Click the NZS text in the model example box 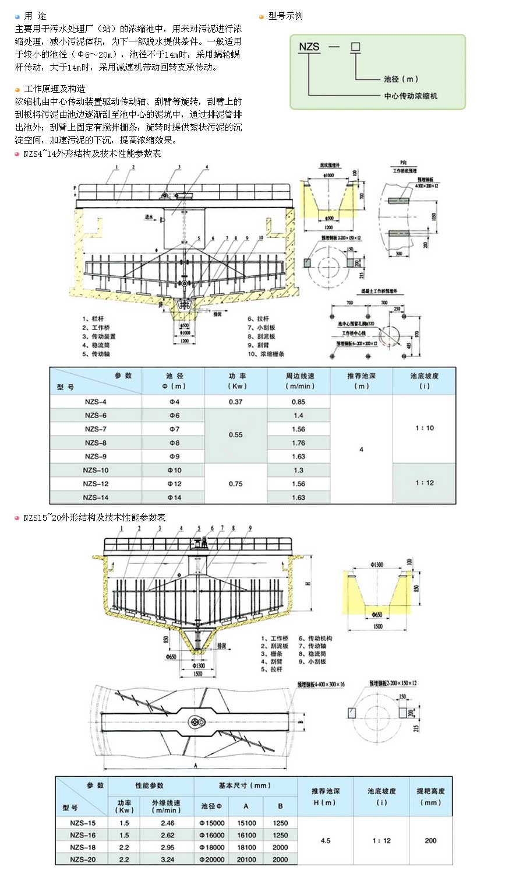click(x=309, y=47)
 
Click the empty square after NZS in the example click(x=355, y=47)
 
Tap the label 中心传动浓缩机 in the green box click(x=410, y=96)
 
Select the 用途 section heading click(x=35, y=16)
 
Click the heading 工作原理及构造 click(x=54, y=89)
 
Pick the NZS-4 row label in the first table click(x=96, y=402)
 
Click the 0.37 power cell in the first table click(x=235, y=402)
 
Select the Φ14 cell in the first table click(x=174, y=497)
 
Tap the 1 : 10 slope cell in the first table click(x=425, y=428)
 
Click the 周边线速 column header click(x=299, y=381)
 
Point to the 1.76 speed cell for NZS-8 click(x=298, y=443)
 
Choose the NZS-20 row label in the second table click(x=83, y=860)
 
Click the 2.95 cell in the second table click(x=167, y=847)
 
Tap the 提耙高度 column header click(x=430, y=797)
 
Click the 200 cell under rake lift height click(x=430, y=840)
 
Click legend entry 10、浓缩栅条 click(x=266, y=354)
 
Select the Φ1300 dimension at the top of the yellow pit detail click(x=377, y=564)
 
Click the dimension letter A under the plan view click(x=196, y=765)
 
